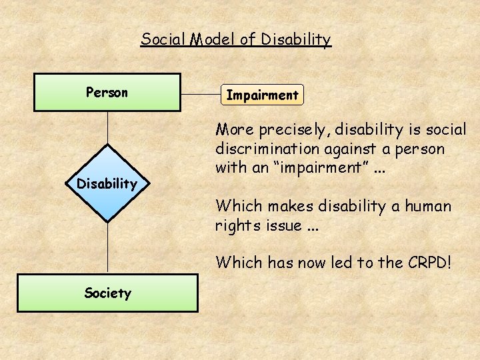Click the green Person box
(x=107, y=92)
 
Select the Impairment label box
(x=262, y=95)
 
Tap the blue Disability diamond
(x=107, y=183)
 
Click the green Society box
(x=107, y=293)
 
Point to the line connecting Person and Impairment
(x=201, y=94)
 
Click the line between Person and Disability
(x=107, y=127)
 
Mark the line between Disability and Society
(x=107, y=247)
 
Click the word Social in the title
(x=162, y=39)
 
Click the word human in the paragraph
(x=423, y=207)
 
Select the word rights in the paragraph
(x=235, y=225)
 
